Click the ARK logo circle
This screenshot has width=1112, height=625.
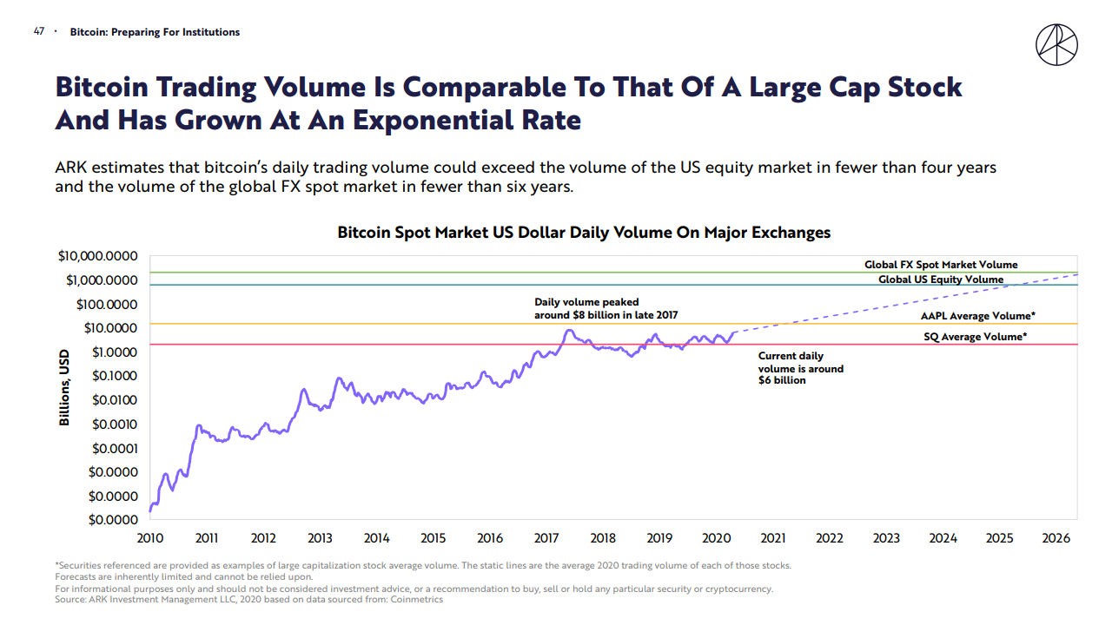click(x=1056, y=45)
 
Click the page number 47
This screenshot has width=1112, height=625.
click(x=38, y=32)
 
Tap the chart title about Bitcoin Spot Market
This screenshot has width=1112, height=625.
click(x=584, y=233)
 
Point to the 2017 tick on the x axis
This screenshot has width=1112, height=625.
click(x=546, y=538)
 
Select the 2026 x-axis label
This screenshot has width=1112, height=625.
click(x=1056, y=538)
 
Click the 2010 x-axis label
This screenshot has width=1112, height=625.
click(x=150, y=538)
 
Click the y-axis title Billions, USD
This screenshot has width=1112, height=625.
click(x=63, y=388)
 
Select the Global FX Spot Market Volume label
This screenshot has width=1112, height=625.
click(x=941, y=265)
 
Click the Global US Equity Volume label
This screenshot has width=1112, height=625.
click(x=941, y=280)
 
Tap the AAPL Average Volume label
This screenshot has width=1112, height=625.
click(x=977, y=316)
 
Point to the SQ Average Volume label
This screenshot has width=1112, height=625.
click(x=975, y=337)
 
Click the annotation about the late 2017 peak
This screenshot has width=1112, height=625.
click(x=606, y=309)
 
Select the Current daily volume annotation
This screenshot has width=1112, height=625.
click(x=800, y=368)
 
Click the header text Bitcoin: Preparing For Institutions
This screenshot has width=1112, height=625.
click(x=155, y=32)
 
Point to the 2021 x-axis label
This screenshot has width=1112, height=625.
click(x=773, y=538)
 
